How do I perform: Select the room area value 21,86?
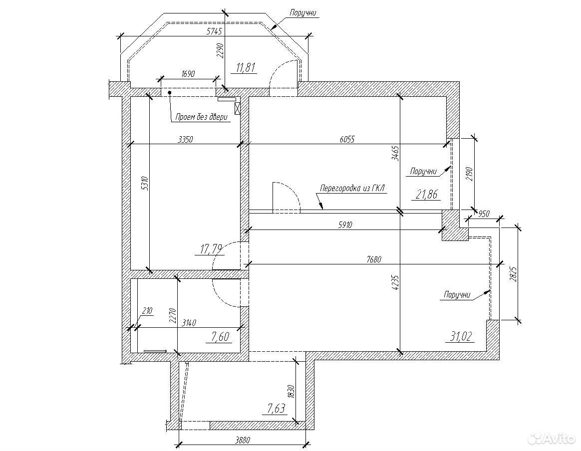[426, 194]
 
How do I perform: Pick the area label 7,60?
[221, 337]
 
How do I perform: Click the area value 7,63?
[277, 409]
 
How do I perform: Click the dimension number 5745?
[214, 32]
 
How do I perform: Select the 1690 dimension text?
[188, 74]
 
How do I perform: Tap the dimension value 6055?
[347, 139]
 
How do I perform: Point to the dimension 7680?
[373, 259]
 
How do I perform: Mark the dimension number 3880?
[243, 440]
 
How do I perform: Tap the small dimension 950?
[484, 214]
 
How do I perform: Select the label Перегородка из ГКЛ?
[352, 188]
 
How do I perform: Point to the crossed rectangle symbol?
[238, 108]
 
